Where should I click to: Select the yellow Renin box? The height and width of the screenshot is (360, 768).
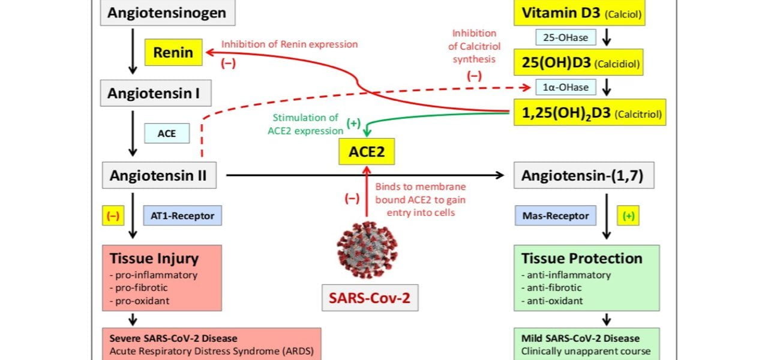[173, 53]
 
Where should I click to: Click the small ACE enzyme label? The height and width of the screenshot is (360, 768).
[166, 133]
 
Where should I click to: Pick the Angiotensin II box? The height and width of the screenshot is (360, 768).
[158, 176]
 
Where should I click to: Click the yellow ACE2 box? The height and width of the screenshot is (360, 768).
[367, 152]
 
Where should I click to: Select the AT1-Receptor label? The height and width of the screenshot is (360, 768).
[182, 215]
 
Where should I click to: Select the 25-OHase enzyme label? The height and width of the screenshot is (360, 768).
[566, 37]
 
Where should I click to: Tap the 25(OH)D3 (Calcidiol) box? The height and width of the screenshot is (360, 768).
[578, 62]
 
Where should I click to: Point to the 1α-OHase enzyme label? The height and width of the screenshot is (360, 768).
[566, 88]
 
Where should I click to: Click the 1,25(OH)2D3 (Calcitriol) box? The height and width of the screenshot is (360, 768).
[590, 113]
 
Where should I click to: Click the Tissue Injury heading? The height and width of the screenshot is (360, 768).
[154, 259]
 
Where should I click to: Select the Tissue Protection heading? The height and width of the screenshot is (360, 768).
[582, 259]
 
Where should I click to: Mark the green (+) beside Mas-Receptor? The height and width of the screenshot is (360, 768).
[628, 215]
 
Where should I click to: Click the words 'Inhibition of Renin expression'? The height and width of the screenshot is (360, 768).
[289, 44]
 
